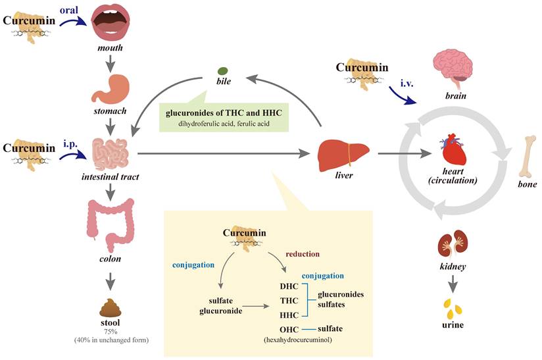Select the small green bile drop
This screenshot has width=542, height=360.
tap(223, 71)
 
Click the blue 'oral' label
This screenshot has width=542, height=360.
tap(70, 10)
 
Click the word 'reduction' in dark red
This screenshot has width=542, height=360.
tap(303, 253)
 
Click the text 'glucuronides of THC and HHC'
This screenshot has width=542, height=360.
tap(223, 113)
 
